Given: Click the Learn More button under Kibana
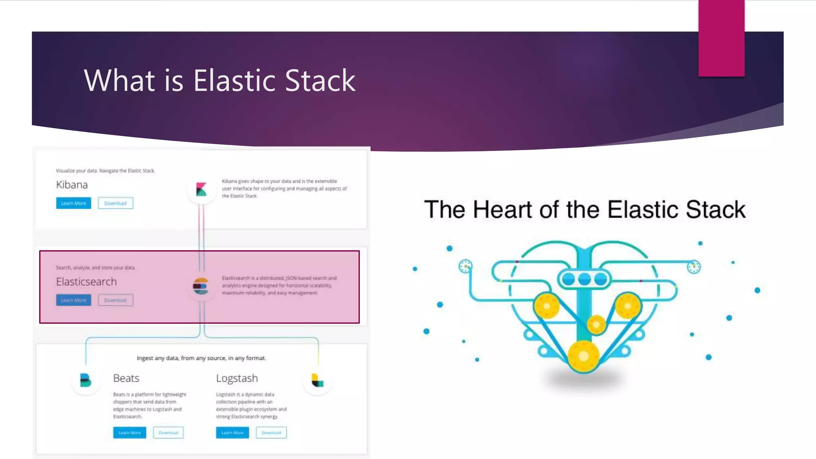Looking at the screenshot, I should click(73, 203).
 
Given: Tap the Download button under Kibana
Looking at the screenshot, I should click(115, 203).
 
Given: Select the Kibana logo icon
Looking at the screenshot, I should click(201, 189).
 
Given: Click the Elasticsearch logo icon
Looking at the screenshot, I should click(200, 286).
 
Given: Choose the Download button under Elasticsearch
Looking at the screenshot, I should click(115, 300).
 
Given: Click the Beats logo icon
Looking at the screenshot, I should click(85, 381).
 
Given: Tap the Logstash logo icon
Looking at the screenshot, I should click(318, 381).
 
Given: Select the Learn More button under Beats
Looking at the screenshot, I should click(129, 433).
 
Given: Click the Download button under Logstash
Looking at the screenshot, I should click(271, 433).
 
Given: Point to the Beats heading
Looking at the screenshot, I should click(126, 378).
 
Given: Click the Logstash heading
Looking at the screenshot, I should click(237, 378).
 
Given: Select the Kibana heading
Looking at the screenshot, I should click(72, 185).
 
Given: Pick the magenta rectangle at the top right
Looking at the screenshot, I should click(721, 38).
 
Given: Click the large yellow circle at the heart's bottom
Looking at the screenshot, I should click(583, 356).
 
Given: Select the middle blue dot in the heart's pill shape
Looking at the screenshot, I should click(584, 279).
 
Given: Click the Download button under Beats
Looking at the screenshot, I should click(168, 433).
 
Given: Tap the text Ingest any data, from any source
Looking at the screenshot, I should click(201, 358).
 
